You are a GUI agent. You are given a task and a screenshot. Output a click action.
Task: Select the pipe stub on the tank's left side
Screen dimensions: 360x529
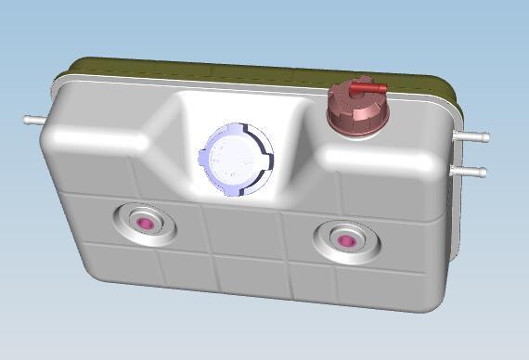tap(33, 120)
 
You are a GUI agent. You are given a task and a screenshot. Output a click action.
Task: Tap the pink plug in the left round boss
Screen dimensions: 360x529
tap(145, 224)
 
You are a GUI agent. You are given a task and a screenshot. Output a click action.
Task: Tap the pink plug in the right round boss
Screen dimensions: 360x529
tap(344, 240)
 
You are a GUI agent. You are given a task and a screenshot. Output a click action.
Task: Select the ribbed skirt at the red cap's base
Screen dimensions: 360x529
tap(355, 124)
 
